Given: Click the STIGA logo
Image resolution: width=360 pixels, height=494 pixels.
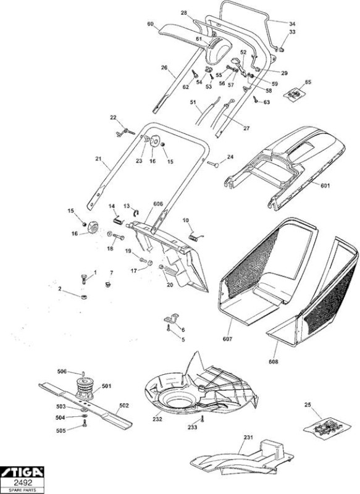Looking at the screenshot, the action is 22,472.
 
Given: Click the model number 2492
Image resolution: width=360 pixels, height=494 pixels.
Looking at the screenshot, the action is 22,483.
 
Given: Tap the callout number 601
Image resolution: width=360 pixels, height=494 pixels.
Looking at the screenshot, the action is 325,186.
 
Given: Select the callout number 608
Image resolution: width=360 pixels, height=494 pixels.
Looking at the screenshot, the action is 274,362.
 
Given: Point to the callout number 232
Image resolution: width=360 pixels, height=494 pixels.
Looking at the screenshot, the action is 157,419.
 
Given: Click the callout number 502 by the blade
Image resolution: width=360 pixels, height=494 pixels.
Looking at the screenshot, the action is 124,406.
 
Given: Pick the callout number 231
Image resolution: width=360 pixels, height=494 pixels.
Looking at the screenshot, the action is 248,438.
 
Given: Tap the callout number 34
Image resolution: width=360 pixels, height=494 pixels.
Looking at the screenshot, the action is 292,23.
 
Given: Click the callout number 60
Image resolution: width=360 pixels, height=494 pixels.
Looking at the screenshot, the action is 150,24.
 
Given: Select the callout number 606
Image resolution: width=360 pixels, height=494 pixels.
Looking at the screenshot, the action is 158,204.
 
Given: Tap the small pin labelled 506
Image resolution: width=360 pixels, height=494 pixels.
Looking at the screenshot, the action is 83,374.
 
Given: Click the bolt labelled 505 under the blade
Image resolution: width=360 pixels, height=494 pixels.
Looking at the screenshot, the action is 85,424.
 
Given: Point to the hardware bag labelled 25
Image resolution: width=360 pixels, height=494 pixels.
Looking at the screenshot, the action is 327,427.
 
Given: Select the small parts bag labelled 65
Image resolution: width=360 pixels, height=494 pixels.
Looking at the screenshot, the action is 295,94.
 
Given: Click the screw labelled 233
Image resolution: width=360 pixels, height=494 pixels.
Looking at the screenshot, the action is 202,420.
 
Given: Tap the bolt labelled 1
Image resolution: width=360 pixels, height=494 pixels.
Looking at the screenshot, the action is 84,278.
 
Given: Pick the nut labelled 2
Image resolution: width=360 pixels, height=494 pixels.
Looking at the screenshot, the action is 84,297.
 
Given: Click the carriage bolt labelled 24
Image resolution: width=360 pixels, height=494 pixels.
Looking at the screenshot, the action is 213,164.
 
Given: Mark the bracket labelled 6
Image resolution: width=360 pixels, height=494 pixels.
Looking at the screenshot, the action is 171,318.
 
